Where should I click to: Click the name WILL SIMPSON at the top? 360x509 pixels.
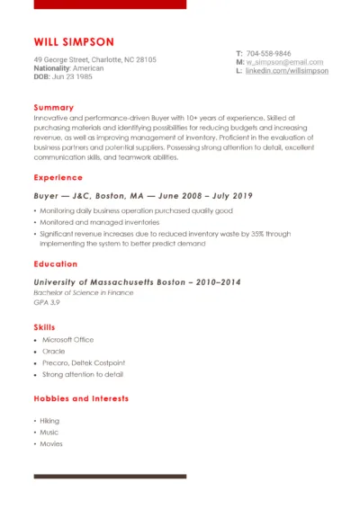[74, 41]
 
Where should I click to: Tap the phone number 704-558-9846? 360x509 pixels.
[268, 53]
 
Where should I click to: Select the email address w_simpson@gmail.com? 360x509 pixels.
[278, 62]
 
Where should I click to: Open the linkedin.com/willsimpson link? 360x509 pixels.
[287, 70]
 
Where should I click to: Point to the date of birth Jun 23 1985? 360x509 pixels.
[72, 76]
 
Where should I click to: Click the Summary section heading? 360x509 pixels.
[54, 107]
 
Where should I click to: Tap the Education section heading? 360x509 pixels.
[56, 263]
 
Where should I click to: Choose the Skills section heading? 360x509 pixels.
[44, 326]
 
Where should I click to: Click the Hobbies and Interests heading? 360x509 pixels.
[81, 397]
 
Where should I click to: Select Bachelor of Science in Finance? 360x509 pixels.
[84, 292]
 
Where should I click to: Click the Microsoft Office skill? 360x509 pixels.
[67, 340]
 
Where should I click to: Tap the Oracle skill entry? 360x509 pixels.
[53, 352]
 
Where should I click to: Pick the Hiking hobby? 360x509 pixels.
[49, 421]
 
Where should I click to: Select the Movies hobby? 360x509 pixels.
[51, 443]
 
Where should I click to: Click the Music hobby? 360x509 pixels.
[49, 433]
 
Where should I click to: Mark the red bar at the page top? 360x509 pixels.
[110, 4]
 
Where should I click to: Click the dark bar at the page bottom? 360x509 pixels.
[110, 476]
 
